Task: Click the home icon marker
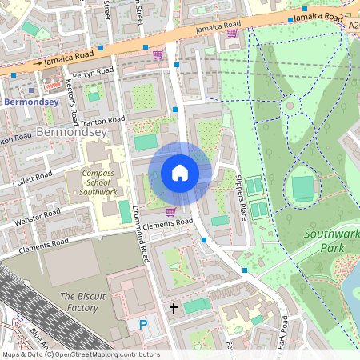(179, 173)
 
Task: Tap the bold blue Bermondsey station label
(30, 102)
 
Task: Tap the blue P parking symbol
(143, 325)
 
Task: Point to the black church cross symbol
(173, 307)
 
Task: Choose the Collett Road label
(33, 178)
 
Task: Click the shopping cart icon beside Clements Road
(170, 212)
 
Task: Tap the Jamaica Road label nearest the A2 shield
(318, 16)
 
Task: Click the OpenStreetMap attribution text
(80, 354)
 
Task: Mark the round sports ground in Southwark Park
(303, 189)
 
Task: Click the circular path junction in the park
(290, 105)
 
